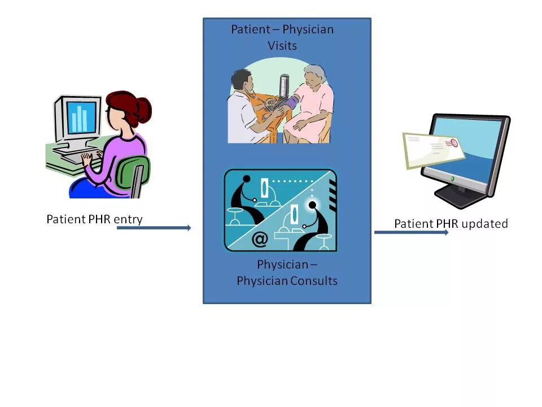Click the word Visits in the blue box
(x=282, y=45)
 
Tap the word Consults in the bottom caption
(x=311, y=280)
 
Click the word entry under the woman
(x=128, y=219)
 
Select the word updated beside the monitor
(x=484, y=223)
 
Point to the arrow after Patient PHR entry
(x=154, y=228)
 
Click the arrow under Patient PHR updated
(x=411, y=232)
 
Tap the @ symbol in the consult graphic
(x=259, y=240)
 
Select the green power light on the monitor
(x=452, y=178)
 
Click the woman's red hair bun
(x=141, y=108)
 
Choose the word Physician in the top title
(x=308, y=29)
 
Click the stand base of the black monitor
(x=460, y=199)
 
